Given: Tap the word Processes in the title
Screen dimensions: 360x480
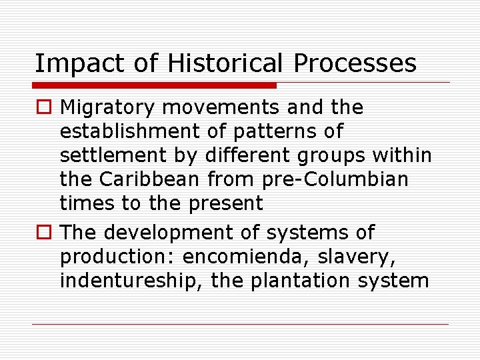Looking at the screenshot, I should (x=355, y=64).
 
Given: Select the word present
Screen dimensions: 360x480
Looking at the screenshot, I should (x=227, y=203).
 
